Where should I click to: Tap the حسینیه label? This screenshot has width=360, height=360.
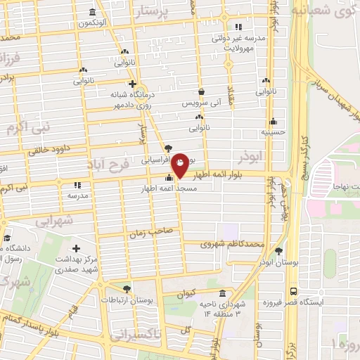coord(272,131)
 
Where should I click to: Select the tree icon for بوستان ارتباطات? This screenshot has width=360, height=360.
coord(127,288)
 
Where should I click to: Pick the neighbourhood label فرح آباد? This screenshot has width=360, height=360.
coord(104,167)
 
